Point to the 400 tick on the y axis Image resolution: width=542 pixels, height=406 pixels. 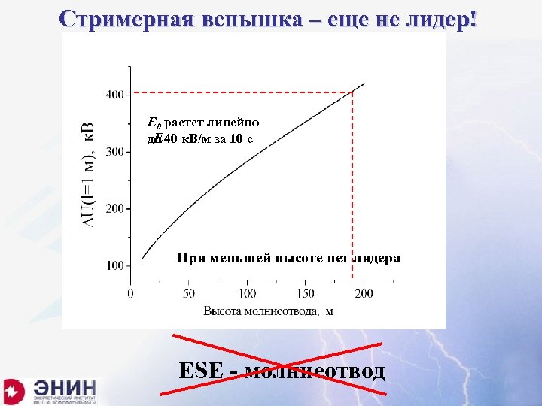coord(115,95)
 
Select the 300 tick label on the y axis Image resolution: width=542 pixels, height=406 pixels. coord(115,152)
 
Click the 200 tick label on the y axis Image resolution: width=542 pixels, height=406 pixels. coord(115,209)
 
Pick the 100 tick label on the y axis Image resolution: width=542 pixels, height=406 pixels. coord(115,265)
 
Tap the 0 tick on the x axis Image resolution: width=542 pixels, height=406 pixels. coord(131,293)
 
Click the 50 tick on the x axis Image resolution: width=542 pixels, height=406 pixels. coord(189,293)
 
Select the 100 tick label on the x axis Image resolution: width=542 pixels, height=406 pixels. coord(247,293)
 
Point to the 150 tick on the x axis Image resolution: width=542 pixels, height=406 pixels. coord(306,293)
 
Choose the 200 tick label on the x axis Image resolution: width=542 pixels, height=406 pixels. coord(364,293)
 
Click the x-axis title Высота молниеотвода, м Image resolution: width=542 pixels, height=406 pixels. coord(268,311)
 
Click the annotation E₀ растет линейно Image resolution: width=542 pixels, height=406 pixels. coord(203,123)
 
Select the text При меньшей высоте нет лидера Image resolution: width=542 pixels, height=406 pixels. coord(288,258)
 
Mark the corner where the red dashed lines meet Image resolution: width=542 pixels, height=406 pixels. coord(352,93)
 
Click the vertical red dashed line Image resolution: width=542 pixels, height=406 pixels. coord(352,188)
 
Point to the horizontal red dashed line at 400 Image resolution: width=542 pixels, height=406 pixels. coord(241,93)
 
